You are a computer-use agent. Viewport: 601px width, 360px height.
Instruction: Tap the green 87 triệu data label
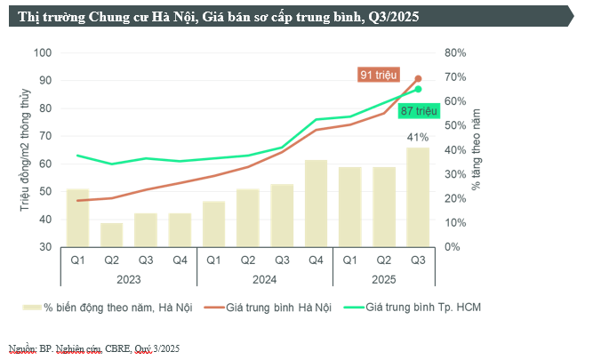[419, 111]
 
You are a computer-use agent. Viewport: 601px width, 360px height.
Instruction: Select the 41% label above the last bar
[418, 137]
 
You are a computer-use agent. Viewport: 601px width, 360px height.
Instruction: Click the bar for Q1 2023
[77, 218]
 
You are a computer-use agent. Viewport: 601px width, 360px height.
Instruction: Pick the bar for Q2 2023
[111, 235]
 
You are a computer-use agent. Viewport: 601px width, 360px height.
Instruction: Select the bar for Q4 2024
[316, 203]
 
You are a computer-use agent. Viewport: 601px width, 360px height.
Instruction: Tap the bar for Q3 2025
[418, 196]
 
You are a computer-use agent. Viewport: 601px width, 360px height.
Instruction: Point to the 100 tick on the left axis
[43, 52]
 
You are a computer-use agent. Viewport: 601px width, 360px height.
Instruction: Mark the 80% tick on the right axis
[455, 52]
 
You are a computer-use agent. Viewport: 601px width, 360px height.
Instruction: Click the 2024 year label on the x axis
[264, 279]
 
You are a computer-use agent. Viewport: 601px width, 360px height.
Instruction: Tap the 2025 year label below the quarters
[383, 279]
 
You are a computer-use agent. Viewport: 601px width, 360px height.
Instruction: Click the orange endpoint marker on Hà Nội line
[418, 79]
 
